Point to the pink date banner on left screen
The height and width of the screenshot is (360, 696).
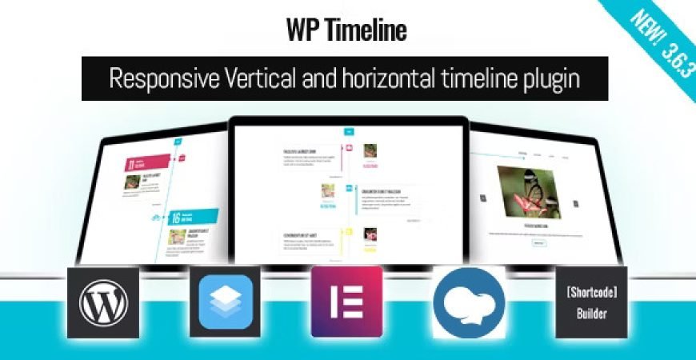148,163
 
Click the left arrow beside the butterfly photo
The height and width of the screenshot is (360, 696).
483,198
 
